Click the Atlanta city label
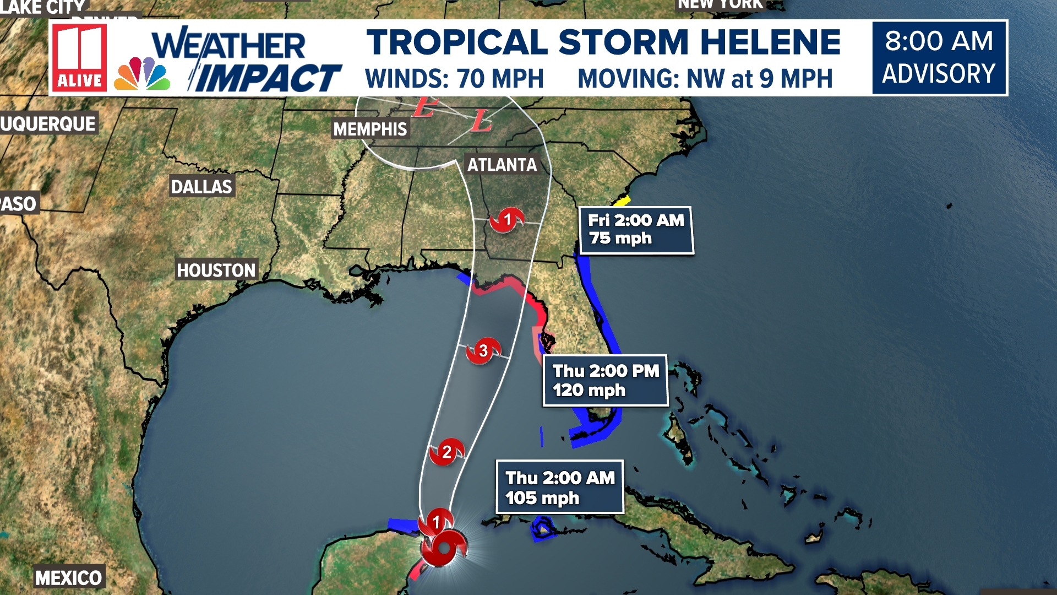502,164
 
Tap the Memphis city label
370,129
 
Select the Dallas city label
201,187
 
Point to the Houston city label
216,270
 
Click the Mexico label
68,578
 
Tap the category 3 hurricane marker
483,351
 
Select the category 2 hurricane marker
446,452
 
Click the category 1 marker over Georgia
506,220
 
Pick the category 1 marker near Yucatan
436,521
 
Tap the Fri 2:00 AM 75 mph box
636,230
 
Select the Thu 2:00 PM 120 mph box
605,380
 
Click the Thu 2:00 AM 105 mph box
559,487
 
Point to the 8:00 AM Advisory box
939,57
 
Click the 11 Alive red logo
80,58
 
